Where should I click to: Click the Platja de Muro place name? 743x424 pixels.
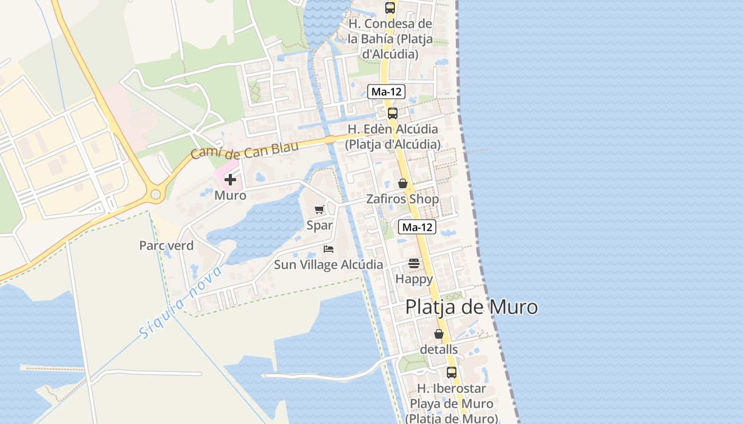471,307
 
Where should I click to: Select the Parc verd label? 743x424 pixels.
166,246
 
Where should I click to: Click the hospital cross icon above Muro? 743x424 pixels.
230,180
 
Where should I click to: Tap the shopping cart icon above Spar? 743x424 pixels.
319,210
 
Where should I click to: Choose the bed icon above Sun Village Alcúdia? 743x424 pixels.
329,249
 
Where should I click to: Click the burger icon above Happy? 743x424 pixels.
414,263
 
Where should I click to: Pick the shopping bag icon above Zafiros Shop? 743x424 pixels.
403,183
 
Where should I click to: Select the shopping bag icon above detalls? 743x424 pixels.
439,334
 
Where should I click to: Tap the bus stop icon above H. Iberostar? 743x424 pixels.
452,373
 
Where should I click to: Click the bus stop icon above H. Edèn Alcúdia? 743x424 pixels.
393,113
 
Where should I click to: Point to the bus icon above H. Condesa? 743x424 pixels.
390,7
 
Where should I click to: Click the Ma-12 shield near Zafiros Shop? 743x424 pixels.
417,227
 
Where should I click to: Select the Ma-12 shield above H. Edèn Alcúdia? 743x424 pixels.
386,92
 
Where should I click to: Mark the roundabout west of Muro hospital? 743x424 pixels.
155,195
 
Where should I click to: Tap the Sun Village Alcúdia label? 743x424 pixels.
329,264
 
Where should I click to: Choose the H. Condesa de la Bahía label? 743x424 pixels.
390,39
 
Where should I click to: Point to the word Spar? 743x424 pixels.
319,225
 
